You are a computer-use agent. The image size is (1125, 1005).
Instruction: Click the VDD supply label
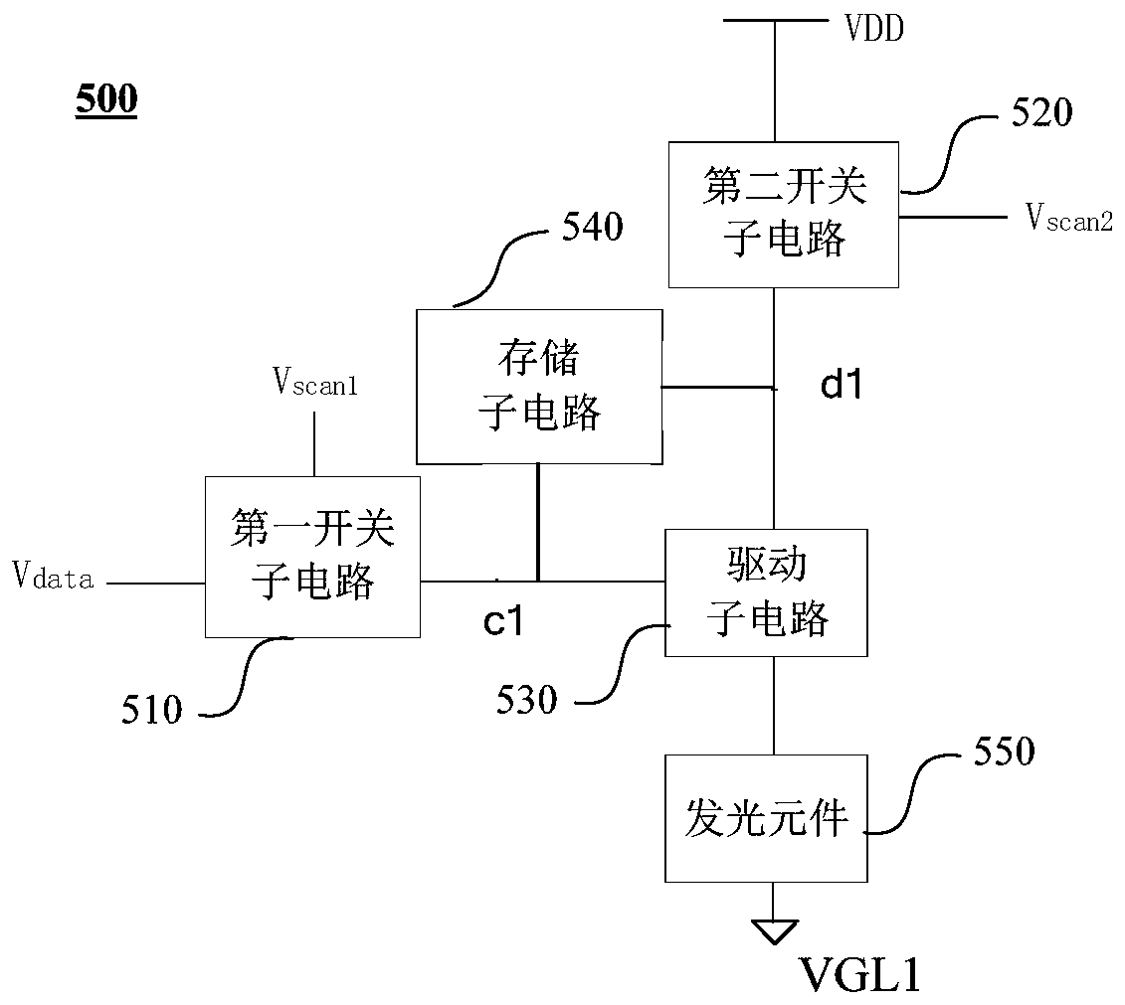tap(874, 29)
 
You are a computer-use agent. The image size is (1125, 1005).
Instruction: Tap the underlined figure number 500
tap(106, 98)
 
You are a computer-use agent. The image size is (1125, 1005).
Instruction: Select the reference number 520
tap(1041, 112)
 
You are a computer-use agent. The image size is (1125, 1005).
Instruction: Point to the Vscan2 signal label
tap(1069, 217)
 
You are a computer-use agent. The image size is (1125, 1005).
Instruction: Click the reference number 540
tap(592, 227)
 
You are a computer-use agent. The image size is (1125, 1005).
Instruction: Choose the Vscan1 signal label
tap(315, 382)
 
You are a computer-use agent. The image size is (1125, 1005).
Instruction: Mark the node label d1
tap(841, 384)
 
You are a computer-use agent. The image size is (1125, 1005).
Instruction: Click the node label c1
tap(503, 620)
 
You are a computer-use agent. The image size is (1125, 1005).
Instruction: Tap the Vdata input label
tap(53, 576)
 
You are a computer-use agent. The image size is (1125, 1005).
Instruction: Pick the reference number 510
tap(151, 710)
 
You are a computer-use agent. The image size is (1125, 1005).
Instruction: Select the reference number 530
tap(526, 700)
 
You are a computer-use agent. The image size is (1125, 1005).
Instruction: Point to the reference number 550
tap(1004, 752)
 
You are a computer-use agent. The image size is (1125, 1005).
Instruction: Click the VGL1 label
tap(860, 975)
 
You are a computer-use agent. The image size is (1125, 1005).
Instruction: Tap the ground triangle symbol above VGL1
tap(774, 931)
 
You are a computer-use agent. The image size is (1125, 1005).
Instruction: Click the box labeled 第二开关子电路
tap(784, 215)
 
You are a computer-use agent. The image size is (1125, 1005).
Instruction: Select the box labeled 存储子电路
tap(539, 387)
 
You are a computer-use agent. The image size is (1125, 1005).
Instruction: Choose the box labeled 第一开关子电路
tap(312, 557)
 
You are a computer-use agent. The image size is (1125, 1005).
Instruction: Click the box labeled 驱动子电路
tap(766, 592)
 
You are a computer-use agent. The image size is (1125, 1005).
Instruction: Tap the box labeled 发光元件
tap(766, 819)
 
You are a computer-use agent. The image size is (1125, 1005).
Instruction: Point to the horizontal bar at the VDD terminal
tap(775, 20)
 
